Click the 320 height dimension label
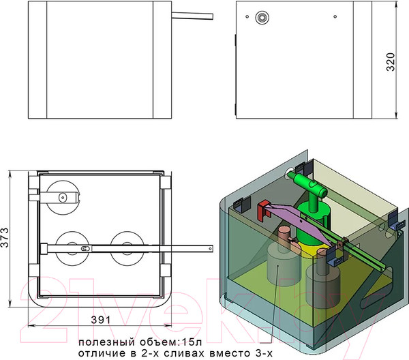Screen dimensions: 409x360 pos(391,62)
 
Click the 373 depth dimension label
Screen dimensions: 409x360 pos(5,237)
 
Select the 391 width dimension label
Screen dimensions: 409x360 pos(101,320)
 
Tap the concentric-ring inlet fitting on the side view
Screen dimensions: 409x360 pos(262,18)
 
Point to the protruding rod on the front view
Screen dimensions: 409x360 pos(192,16)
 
